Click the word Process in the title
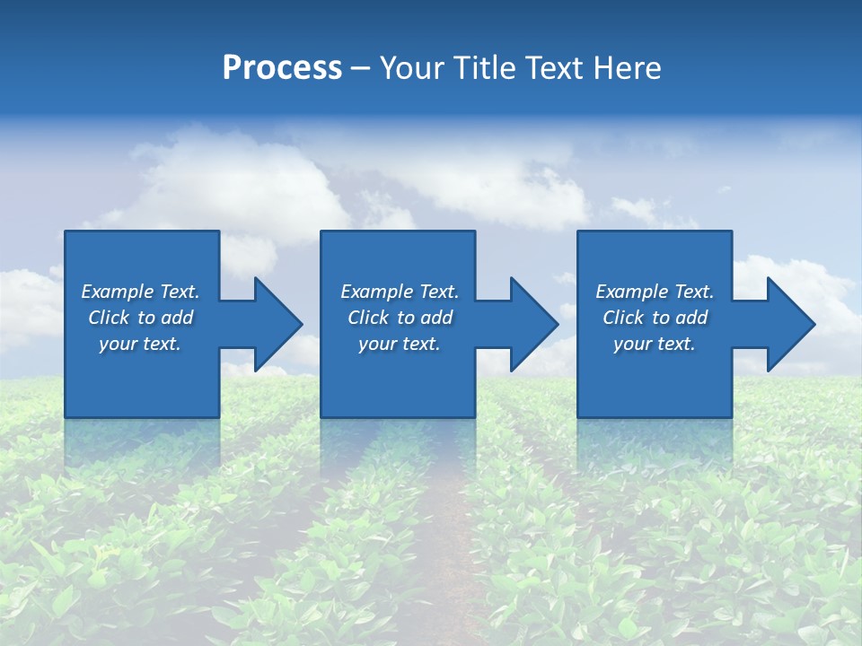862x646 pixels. click(x=282, y=68)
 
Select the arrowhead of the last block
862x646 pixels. click(x=790, y=324)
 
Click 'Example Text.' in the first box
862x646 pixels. click(x=140, y=292)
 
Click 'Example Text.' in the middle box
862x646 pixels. click(x=400, y=292)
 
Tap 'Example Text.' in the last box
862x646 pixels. click(x=655, y=292)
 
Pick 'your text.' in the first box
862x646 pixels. click(x=140, y=344)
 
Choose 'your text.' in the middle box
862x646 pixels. click(x=400, y=344)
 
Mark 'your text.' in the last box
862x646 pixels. click(x=655, y=344)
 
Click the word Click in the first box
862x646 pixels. click(x=109, y=318)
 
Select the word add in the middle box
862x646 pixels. click(x=436, y=318)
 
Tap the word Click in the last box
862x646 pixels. click(x=623, y=318)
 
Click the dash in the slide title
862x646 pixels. click(x=361, y=68)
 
